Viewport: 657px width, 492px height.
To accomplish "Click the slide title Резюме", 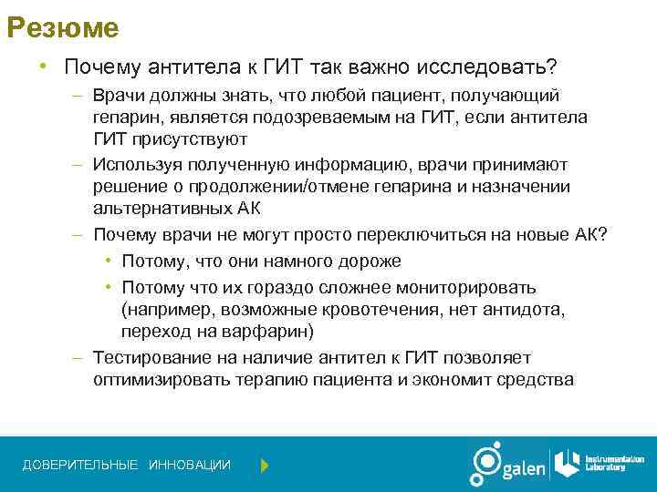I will pyautogui.click(x=63, y=28).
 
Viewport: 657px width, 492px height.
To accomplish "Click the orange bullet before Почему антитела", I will pyautogui.click(x=42, y=67).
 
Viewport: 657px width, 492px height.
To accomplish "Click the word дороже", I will pyautogui.click(x=369, y=261).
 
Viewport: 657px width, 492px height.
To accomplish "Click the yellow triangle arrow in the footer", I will pyautogui.click(x=265, y=466).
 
